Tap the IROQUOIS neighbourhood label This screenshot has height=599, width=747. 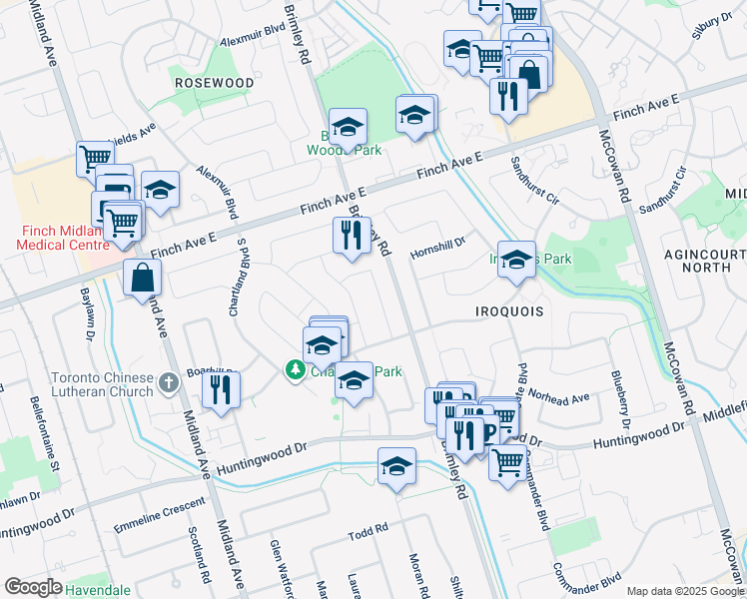(509, 311)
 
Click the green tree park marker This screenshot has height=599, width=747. (295, 370)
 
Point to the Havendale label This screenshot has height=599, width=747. (98, 590)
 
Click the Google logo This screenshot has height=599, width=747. (33, 587)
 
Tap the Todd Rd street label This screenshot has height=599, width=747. (367, 535)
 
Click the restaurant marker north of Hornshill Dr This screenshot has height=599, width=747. (351, 238)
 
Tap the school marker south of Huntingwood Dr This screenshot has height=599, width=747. (396, 467)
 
